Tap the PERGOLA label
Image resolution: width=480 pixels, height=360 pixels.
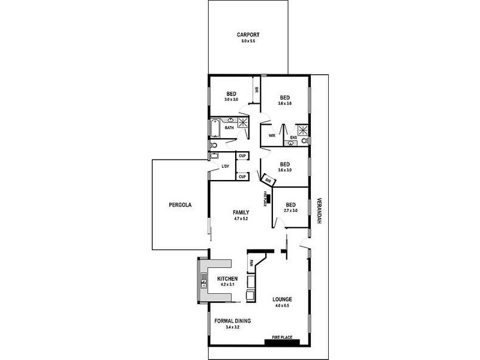coord(179,205)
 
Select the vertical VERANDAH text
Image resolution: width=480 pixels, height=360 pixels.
coord(320,212)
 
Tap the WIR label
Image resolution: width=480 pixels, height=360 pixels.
coord(272,136)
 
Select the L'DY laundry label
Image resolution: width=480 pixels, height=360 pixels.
coord(226,166)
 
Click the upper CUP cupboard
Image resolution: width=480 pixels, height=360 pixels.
coord(242,157)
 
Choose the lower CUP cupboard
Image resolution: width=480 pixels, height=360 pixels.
coord(242,176)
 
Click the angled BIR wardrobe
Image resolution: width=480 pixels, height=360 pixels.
coord(268,179)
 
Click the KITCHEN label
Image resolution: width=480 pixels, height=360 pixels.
coord(228,278)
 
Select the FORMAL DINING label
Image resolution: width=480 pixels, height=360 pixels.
coord(232,321)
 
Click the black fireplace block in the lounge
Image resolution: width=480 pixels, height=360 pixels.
coord(283,343)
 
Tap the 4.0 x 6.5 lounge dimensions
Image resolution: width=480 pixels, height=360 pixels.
coord(282,306)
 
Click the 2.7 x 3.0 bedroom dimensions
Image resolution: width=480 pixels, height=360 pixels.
coord(291,211)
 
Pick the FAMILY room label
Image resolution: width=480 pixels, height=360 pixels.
coord(241,212)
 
